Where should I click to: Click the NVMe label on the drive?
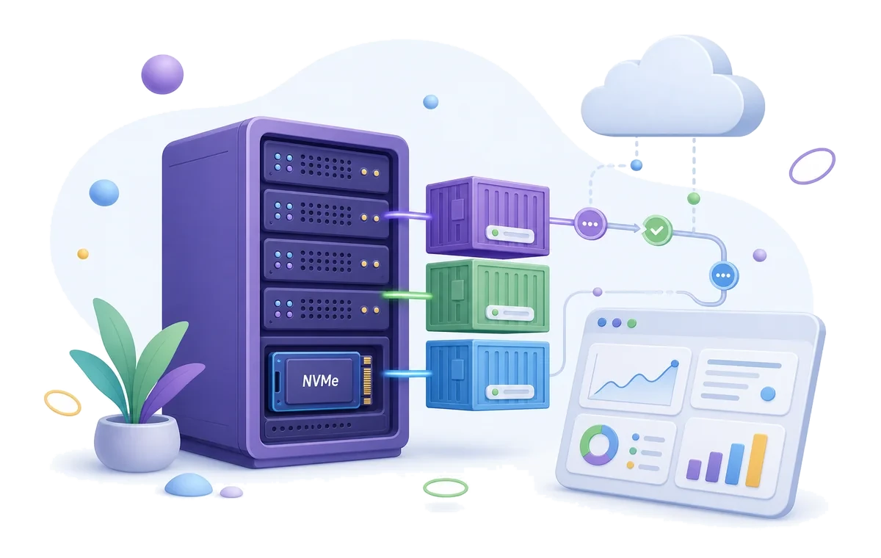pyautogui.click(x=320, y=381)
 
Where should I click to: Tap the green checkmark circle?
pyautogui.click(x=657, y=230)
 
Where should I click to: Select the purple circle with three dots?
pyautogui.click(x=590, y=224)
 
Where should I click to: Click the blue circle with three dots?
pyautogui.click(x=724, y=275)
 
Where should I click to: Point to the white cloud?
pyautogui.click(x=672, y=89)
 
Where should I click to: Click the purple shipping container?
pyautogui.click(x=487, y=217)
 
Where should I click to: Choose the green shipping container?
pyautogui.click(x=487, y=296)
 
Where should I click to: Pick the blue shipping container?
pyautogui.click(x=487, y=374)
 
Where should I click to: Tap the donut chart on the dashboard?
pyautogui.click(x=599, y=445)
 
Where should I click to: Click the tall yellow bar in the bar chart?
pyautogui.click(x=757, y=460)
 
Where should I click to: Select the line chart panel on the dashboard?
pyautogui.click(x=635, y=379)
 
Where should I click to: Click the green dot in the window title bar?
pyautogui.click(x=631, y=323)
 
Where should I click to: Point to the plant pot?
pyautogui.click(x=137, y=442)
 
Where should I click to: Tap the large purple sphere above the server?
pyautogui.click(x=162, y=74)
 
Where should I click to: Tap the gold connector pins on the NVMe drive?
pyautogui.click(x=367, y=380)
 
